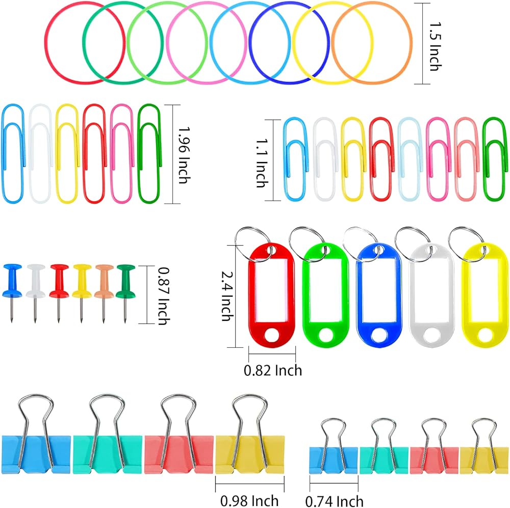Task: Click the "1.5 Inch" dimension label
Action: [435, 46]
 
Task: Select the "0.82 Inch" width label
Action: [273, 370]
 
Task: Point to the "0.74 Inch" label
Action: [334, 501]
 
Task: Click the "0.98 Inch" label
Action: [249, 500]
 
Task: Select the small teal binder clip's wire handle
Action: [374, 429]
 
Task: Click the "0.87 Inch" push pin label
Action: [164, 296]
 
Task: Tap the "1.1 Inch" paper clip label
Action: [262, 163]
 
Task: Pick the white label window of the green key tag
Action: [325, 290]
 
